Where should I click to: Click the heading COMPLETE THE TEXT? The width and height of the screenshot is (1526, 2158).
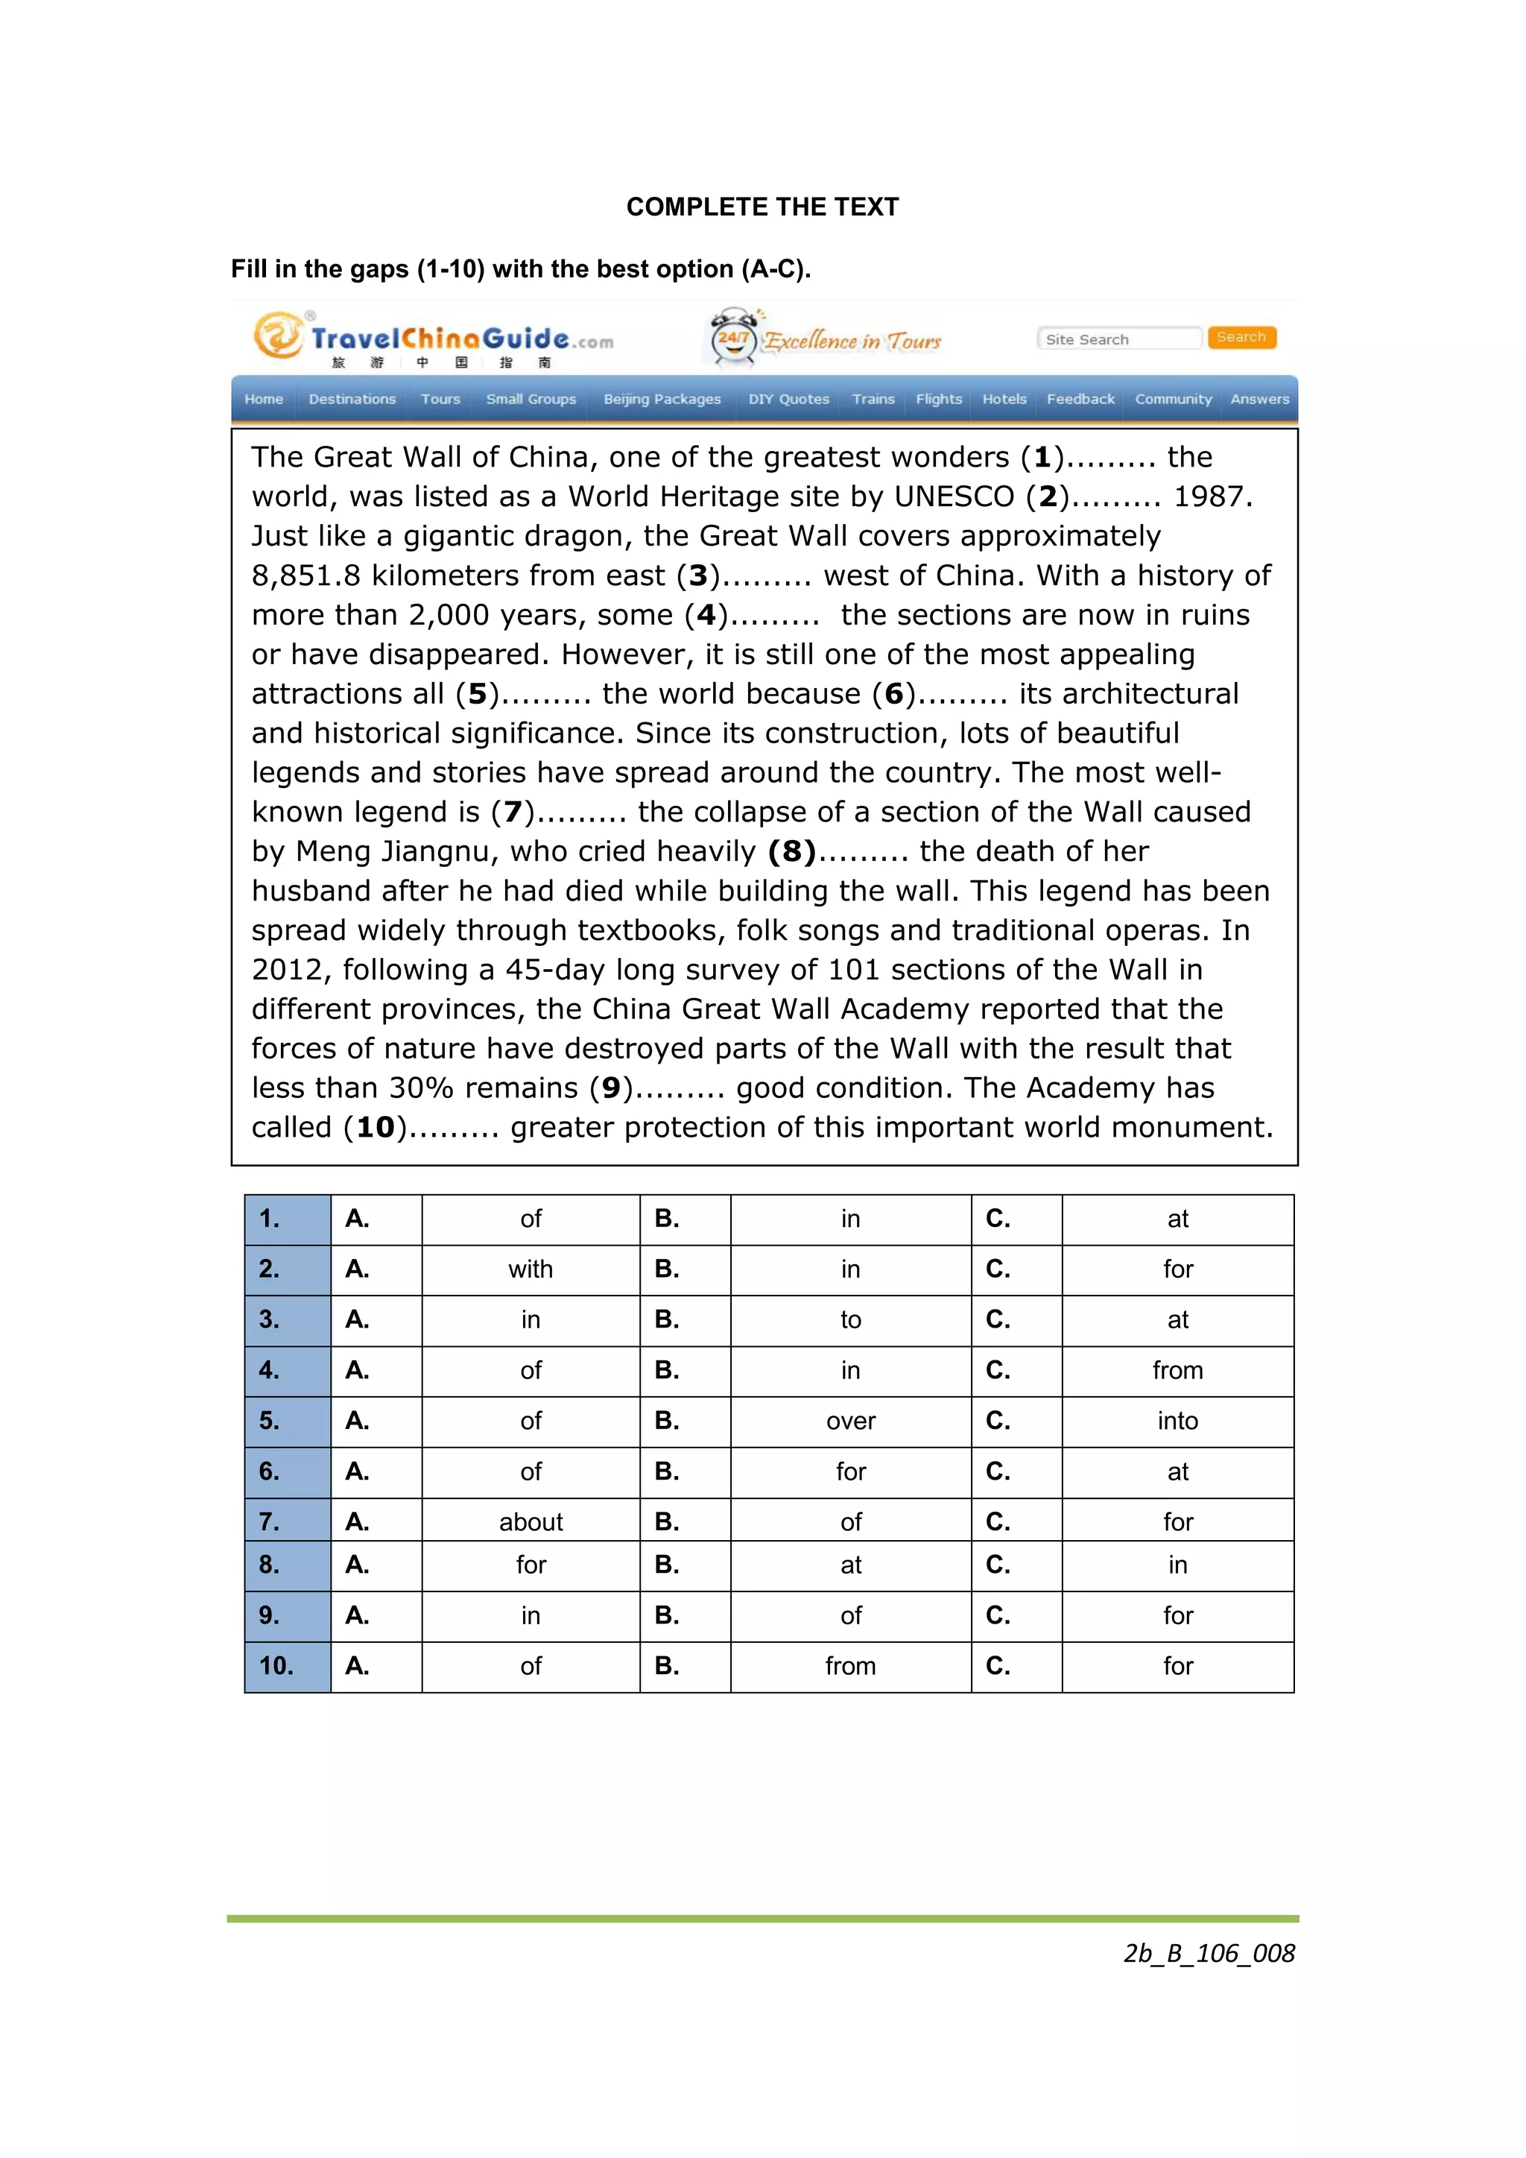point(762,206)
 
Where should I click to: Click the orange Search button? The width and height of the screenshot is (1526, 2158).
point(1241,338)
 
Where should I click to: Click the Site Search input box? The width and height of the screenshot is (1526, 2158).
point(1118,339)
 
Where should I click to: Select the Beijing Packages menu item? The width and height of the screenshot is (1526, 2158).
point(662,400)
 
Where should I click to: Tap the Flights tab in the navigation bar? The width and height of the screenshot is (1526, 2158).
point(939,400)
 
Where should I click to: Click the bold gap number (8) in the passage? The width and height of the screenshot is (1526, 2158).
point(791,851)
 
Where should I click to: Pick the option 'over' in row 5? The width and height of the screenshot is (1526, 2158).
point(850,1421)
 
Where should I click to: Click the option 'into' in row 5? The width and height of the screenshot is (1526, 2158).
point(1177,1421)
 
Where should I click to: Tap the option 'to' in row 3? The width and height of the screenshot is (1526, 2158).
point(850,1321)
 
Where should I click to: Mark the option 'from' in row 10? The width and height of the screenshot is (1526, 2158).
point(850,1667)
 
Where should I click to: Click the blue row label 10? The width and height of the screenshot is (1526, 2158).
point(277,1667)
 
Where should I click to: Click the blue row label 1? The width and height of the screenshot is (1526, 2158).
point(270,1219)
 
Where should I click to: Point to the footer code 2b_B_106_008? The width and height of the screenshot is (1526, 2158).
point(1209,1953)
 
